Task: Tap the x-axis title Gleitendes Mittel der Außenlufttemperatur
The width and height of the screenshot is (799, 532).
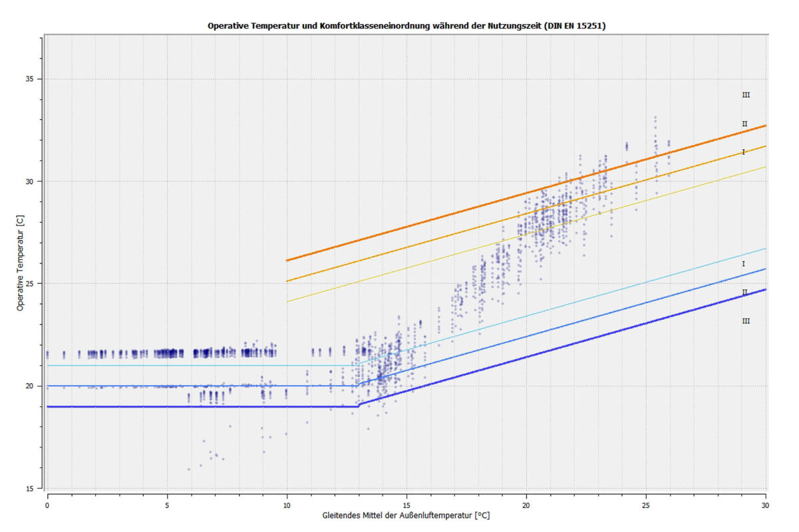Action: [x=406, y=515]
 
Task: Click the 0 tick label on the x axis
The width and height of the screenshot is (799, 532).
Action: [x=47, y=497]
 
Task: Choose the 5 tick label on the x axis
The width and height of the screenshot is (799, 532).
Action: [x=167, y=497]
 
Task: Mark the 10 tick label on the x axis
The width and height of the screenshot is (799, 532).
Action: [x=287, y=497]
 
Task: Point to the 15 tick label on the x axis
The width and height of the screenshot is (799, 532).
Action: [x=406, y=497]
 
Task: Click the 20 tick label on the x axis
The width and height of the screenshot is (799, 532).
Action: [x=526, y=497]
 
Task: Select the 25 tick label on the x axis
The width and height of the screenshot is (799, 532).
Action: [x=646, y=497]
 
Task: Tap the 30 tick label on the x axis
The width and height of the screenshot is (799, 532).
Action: [x=765, y=497]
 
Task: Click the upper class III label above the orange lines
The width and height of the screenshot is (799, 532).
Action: [x=746, y=95]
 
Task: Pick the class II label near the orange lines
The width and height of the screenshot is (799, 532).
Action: [x=745, y=124]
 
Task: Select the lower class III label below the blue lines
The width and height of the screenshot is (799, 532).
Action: [x=746, y=321]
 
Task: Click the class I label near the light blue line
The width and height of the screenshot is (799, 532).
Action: [x=743, y=264]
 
